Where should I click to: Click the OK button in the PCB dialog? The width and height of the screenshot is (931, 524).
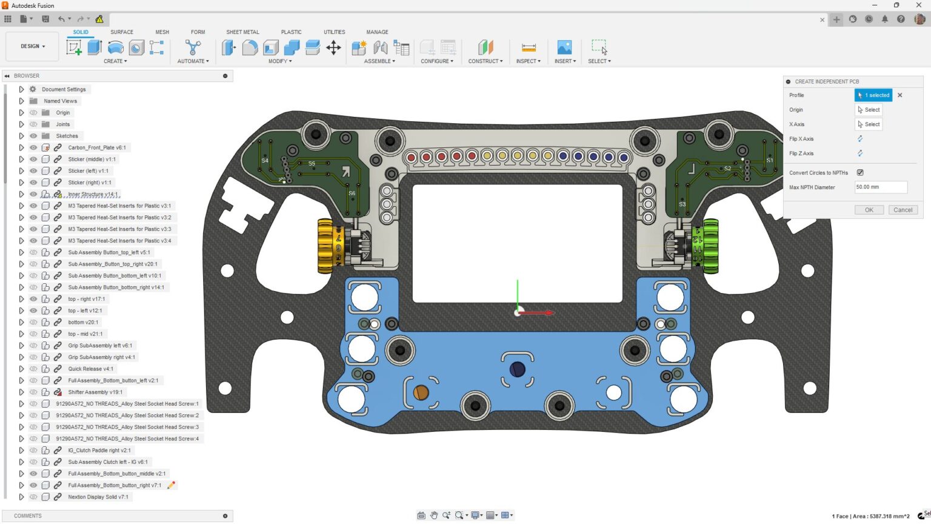point(869,210)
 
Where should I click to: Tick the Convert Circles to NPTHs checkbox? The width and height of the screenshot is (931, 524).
point(860,173)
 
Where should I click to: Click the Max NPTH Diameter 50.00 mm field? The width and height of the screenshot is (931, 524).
point(880,187)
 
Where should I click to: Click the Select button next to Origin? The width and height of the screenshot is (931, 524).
point(869,110)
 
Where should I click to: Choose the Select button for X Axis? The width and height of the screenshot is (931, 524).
point(869,124)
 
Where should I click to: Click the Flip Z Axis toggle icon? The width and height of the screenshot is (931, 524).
point(860,153)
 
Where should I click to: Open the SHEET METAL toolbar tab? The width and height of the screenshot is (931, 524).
point(242,32)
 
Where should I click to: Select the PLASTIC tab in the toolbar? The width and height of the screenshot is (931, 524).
point(291,32)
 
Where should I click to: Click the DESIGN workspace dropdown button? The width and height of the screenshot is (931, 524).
point(33,46)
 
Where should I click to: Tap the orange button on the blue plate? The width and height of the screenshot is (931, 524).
point(421,392)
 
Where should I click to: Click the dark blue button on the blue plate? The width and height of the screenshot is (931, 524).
point(517,369)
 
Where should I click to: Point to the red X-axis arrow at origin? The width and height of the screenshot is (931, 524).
point(542,313)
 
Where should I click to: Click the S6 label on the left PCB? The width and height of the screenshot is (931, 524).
point(352,193)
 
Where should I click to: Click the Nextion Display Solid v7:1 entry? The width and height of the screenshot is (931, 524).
point(98,497)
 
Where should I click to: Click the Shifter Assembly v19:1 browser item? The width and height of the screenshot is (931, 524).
point(95,392)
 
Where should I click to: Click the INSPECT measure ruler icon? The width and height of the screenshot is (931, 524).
point(529,48)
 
